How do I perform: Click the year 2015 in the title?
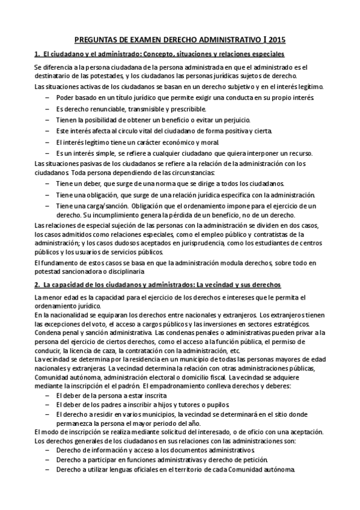click(277, 41)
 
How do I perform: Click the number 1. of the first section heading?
click(37, 55)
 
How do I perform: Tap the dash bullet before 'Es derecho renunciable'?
click(47, 108)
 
